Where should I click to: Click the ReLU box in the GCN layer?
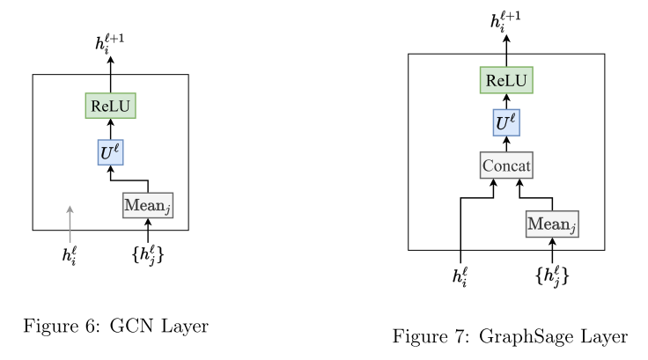pos(110,107)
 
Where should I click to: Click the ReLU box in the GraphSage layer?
pos(506,81)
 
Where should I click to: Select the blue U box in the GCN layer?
pos(110,151)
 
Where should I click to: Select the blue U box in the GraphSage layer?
pos(506,122)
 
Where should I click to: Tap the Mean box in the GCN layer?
pos(147,205)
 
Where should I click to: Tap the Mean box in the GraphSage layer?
pos(552,224)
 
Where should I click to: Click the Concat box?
pos(506,165)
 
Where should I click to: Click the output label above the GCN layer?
pos(110,42)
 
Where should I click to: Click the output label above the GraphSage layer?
pos(506,19)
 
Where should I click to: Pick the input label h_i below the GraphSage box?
pos(460,276)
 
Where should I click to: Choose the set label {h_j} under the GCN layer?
pos(147,255)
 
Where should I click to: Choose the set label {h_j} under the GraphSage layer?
pos(552,276)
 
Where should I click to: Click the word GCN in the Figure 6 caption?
pos(134,327)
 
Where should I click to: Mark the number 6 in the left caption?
pos(91,327)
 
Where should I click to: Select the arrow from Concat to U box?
pos(506,143)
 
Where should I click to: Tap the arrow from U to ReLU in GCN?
pos(110,129)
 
